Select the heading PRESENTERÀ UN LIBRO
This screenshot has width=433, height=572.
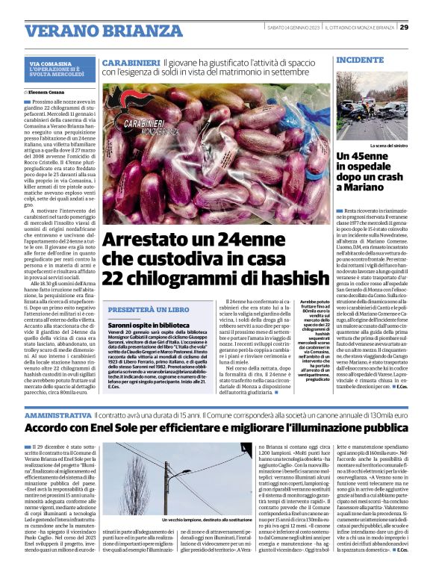click(149, 309)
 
